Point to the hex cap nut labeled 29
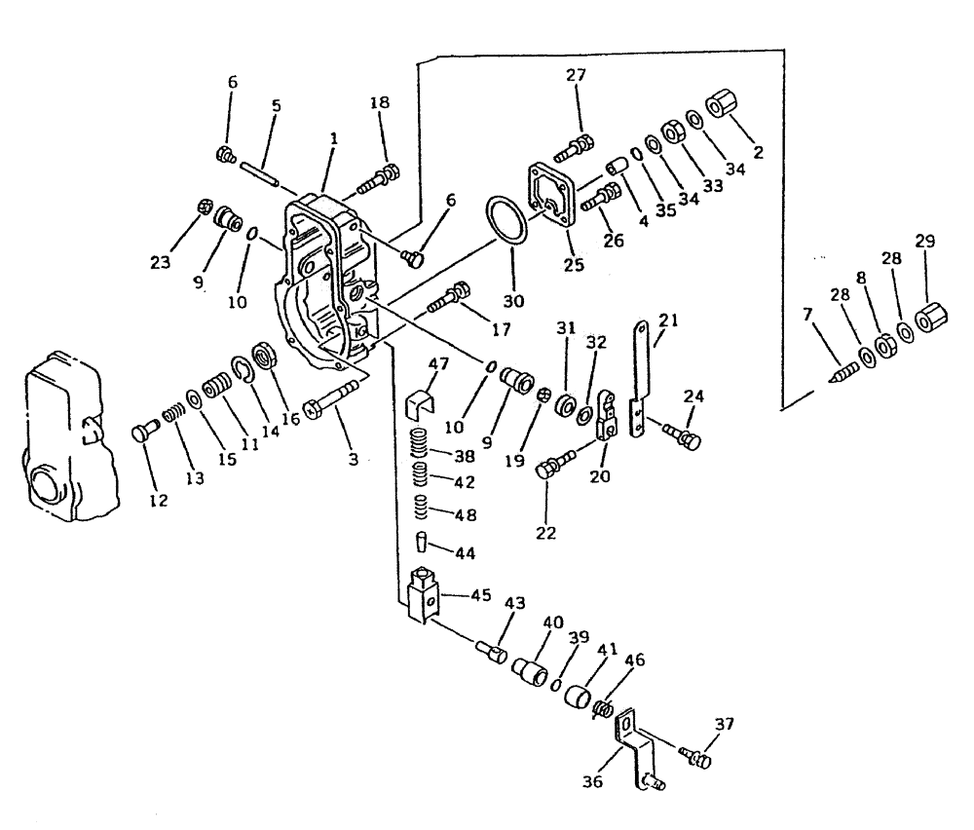pos(930,319)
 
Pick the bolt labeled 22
pos(553,469)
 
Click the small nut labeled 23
pos(206,207)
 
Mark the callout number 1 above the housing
pos(333,139)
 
